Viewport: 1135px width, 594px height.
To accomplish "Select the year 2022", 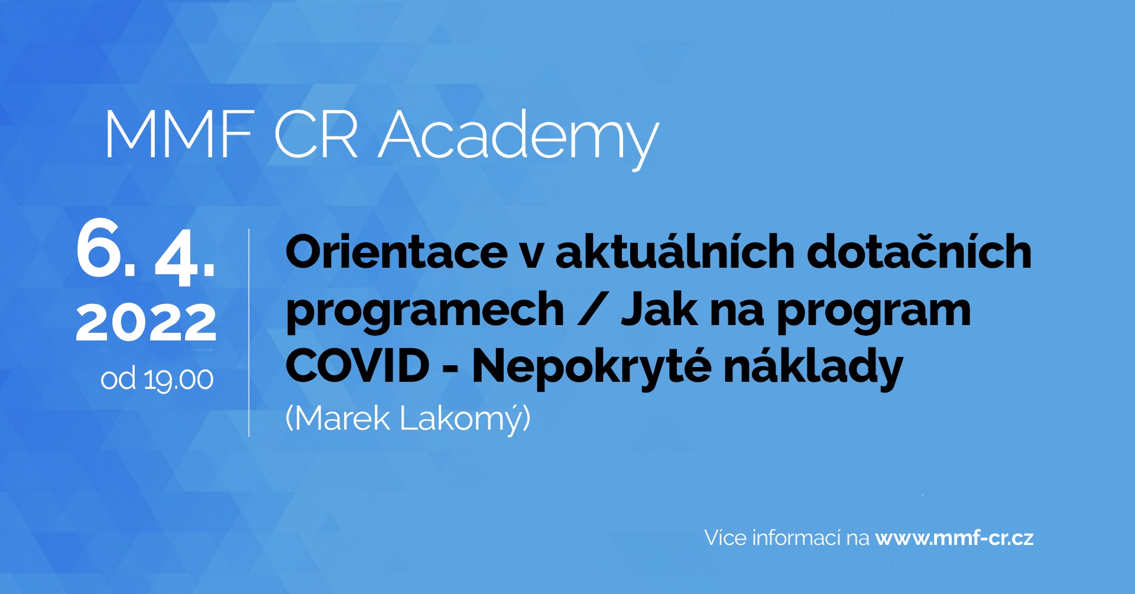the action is (146, 322).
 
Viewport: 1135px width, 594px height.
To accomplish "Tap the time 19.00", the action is (179, 380).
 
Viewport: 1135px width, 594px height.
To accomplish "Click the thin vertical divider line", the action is (249, 332).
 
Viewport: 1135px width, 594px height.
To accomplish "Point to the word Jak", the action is (659, 308).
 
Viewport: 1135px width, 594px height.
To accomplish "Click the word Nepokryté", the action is (591, 368).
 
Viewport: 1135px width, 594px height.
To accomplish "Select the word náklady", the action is (813, 368).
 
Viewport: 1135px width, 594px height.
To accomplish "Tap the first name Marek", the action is (338, 418).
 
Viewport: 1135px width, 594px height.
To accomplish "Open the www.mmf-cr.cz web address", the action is (954, 538).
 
